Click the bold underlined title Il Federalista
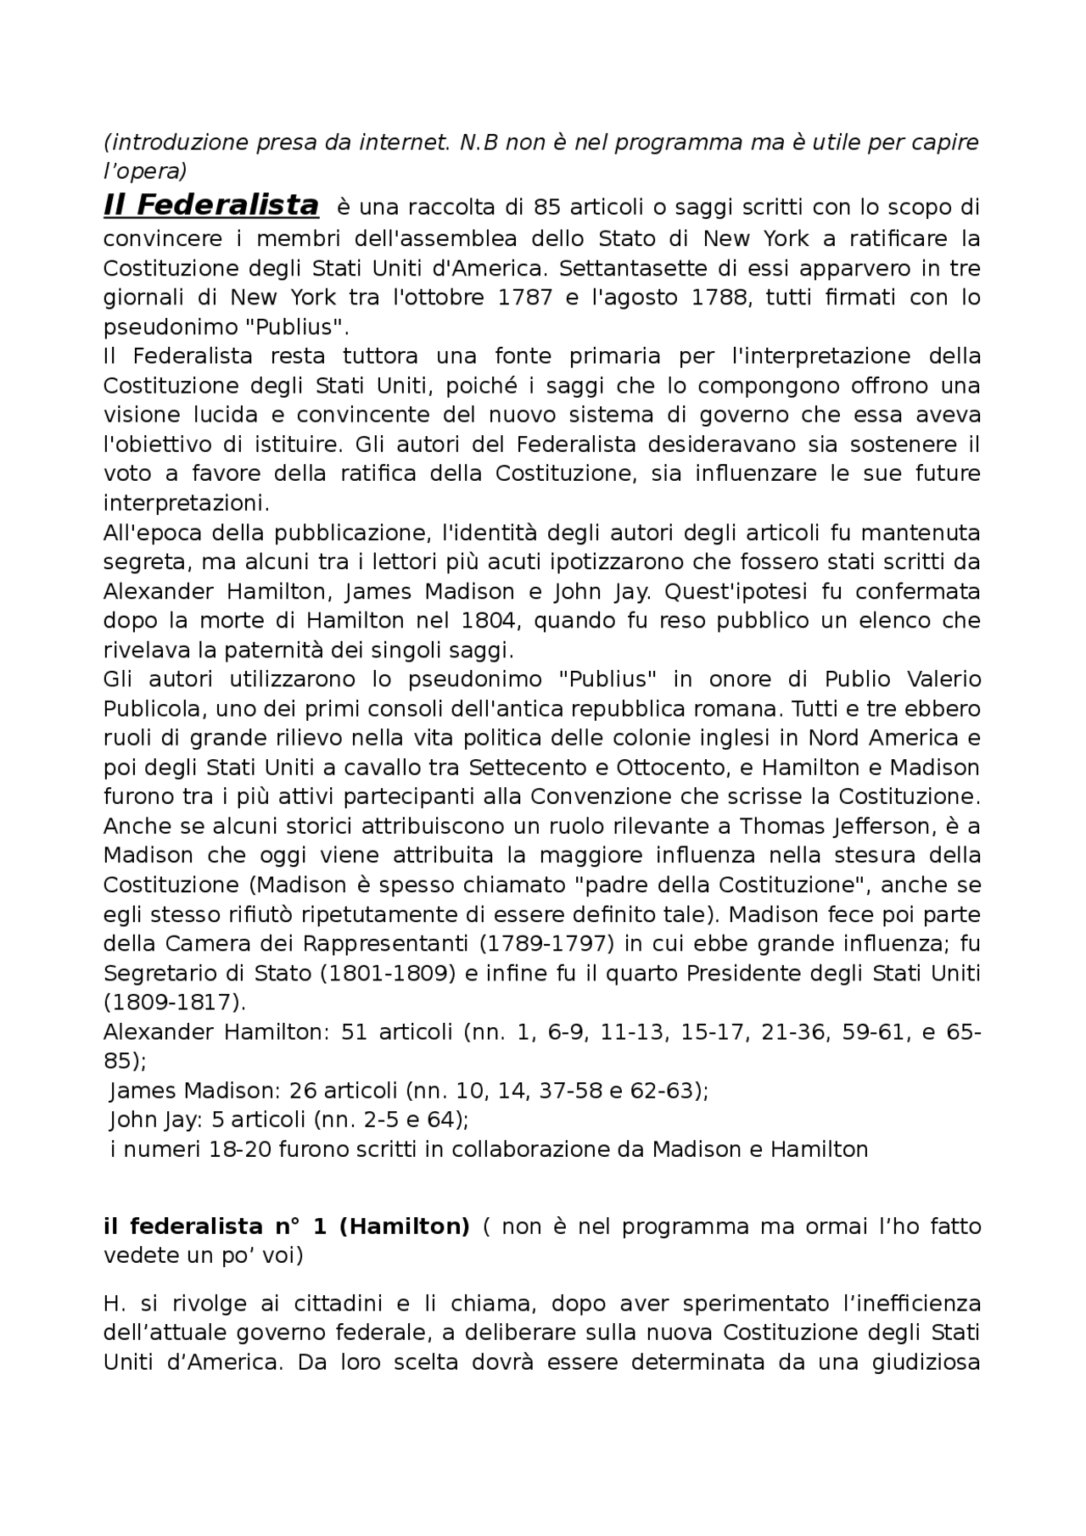coord(210,206)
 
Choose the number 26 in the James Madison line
coord(302,1091)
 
